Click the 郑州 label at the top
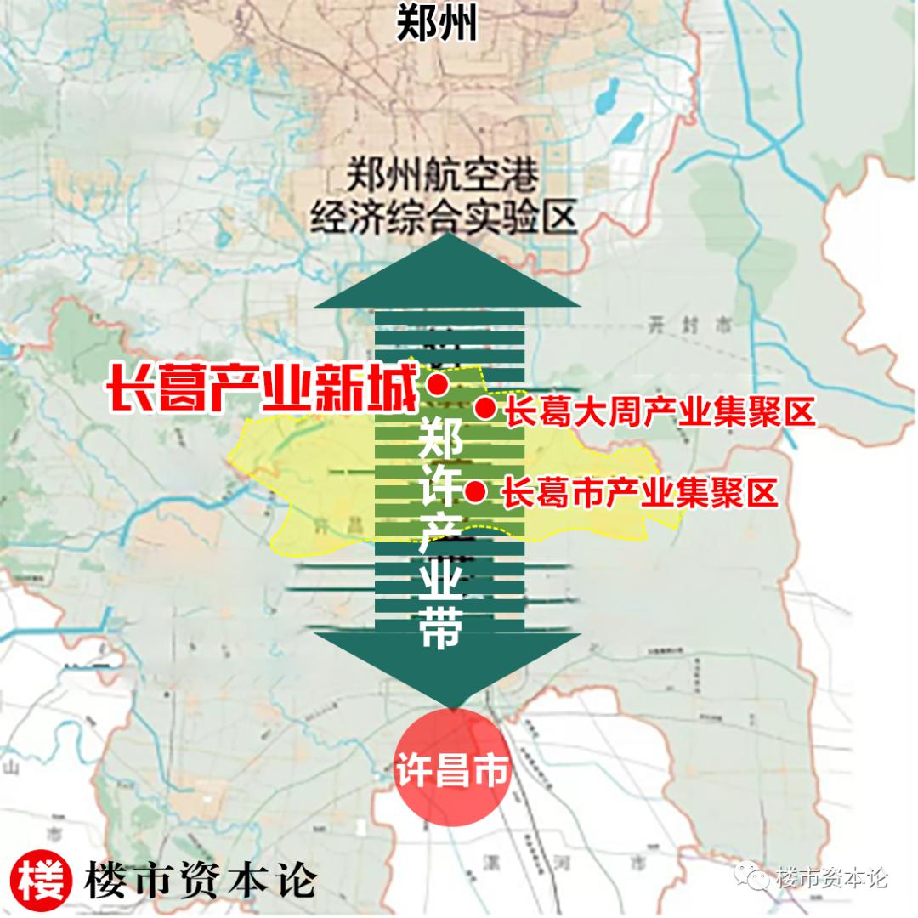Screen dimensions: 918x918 tap(437, 25)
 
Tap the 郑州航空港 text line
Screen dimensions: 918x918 tap(443, 178)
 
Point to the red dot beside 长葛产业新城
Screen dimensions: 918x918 tap(438, 385)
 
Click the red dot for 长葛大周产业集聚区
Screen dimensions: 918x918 tap(485, 410)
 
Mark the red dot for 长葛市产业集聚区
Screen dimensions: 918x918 tap(476, 491)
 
